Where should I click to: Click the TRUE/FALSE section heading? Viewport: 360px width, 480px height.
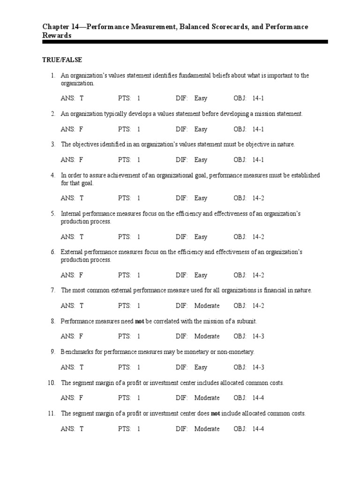(x=62, y=60)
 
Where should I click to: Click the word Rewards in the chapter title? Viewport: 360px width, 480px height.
(x=57, y=36)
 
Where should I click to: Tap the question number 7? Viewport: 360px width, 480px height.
(x=53, y=291)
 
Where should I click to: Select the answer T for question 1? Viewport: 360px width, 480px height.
(x=82, y=98)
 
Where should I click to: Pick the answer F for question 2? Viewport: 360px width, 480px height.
(x=82, y=129)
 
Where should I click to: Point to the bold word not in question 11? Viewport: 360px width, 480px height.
(x=215, y=413)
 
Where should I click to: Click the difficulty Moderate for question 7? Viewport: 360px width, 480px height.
(x=207, y=306)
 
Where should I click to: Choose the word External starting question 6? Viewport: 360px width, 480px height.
(x=72, y=252)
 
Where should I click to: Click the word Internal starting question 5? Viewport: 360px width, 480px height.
(x=71, y=214)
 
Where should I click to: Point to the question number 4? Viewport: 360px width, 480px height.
(x=53, y=175)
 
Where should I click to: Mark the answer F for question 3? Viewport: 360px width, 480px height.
(x=82, y=160)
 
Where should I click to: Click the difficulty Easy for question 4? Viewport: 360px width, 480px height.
(x=201, y=198)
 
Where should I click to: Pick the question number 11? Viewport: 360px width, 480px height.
(x=52, y=413)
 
